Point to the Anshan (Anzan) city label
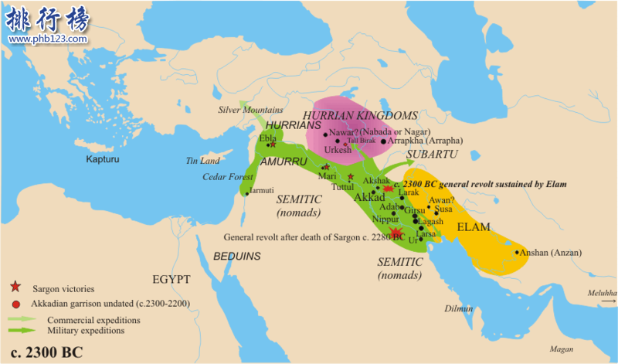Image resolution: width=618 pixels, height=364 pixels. [551, 252]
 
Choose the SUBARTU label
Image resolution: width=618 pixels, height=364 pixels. [433, 155]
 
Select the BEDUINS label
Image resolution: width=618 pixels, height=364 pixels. [237, 255]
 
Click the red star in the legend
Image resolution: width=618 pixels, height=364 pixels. [15, 288]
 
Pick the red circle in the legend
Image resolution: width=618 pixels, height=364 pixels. [15, 304]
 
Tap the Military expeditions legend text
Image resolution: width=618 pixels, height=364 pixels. [87, 330]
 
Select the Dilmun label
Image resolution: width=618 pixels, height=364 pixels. [459, 308]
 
